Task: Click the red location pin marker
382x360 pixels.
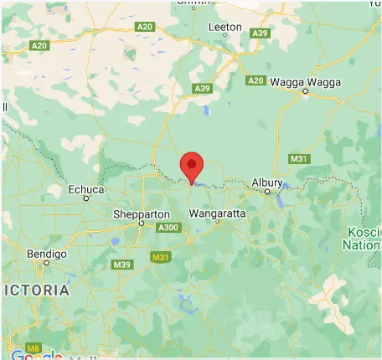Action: click(192, 166)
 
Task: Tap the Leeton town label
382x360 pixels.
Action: click(224, 27)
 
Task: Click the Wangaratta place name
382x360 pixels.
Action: click(218, 213)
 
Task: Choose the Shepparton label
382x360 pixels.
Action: click(141, 214)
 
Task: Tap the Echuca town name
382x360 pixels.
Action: click(86, 189)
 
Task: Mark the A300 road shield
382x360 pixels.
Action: click(168, 227)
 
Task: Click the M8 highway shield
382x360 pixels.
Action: click(33, 347)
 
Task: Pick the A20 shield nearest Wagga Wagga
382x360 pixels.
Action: click(256, 80)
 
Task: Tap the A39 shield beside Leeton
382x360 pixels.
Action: click(260, 33)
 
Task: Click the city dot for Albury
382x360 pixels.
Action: click(267, 192)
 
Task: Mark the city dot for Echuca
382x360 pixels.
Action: click(85, 199)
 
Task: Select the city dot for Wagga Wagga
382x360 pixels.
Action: click(305, 92)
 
